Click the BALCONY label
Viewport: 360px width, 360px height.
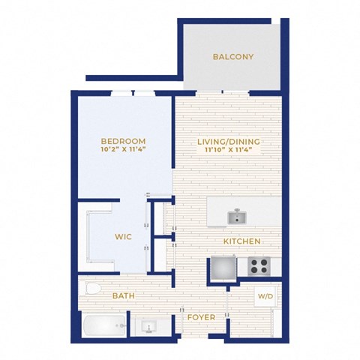click(233, 57)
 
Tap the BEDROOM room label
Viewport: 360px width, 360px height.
click(123, 141)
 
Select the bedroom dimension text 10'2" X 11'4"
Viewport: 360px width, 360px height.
click(123, 149)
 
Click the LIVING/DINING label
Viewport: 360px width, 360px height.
click(229, 142)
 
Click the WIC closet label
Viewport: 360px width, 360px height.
click(123, 237)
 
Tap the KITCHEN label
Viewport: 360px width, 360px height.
click(242, 241)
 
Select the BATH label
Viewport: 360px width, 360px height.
click(124, 295)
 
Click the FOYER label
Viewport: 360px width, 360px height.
click(202, 317)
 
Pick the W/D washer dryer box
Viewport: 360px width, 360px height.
click(265, 296)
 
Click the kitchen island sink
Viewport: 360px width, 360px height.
click(237, 217)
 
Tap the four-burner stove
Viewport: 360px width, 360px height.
click(259, 266)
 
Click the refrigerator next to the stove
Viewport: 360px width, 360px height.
click(223, 268)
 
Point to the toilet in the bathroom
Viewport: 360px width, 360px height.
click(90, 288)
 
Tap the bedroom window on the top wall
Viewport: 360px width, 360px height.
click(133, 93)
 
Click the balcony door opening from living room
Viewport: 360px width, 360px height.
click(223, 93)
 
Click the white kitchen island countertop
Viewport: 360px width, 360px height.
click(244, 211)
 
